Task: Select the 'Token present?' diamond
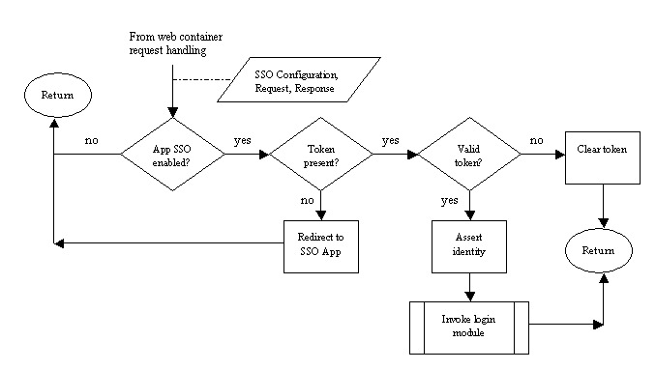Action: pyautogui.click(x=320, y=155)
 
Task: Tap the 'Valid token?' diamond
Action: pyautogui.click(x=468, y=155)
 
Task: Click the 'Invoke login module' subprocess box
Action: pyautogui.click(x=468, y=326)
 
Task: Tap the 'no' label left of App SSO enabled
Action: pyautogui.click(x=91, y=140)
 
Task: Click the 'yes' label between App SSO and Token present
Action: pyautogui.click(x=243, y=140)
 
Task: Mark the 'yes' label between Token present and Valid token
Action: pyautogui.click(x=391, y=140)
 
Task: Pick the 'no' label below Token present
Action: pyautogui.click(x=308, y=201)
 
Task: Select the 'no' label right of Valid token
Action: pyautogui.click(x=535, y=140)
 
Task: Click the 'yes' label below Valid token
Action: pyautogui.click(x=450, y=201)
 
